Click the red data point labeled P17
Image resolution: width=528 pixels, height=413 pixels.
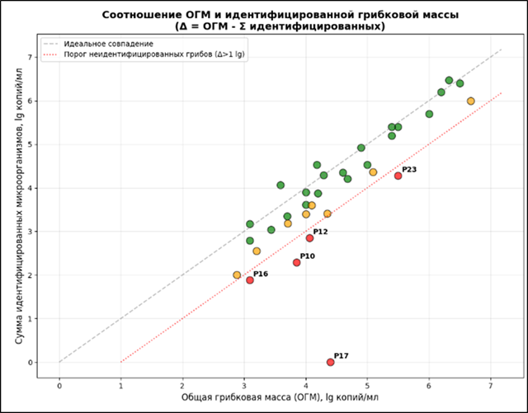330,362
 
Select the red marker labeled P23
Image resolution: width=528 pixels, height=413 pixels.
398,176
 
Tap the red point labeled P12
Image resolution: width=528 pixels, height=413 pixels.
309,238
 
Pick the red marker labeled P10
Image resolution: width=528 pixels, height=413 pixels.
296,262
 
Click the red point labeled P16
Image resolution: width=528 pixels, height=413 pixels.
250,280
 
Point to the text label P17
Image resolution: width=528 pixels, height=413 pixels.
342,355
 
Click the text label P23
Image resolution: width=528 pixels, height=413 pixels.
409,169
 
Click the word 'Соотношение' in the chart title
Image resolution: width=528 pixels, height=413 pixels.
137,15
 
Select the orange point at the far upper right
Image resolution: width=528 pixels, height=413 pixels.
470,101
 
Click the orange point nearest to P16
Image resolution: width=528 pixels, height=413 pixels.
237,275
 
